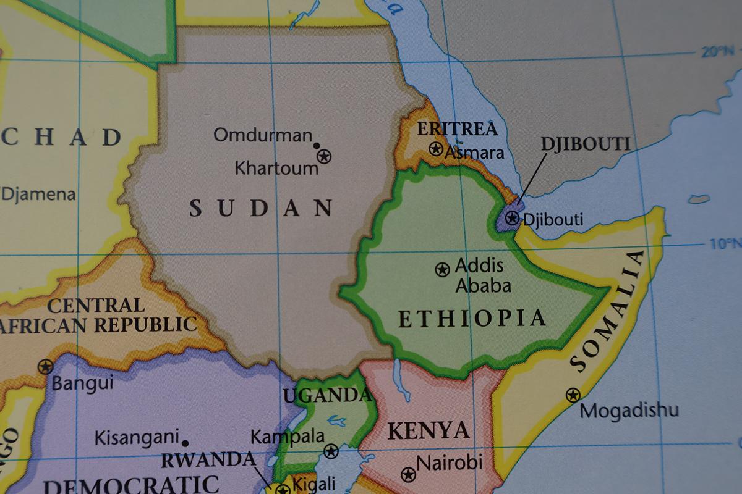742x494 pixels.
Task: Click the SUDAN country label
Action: pyautogui.click(x=261, y=208)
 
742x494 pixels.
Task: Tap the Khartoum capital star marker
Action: pyautogui.click(x=324, y=156)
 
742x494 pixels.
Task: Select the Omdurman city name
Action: pyautogui.click(x=263, y=135)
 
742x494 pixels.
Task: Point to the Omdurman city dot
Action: pyautogui.click(x=317, y=146)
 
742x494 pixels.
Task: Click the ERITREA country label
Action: pyautogui.click(x=457, y=129)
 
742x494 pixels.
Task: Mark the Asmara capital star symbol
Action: pyautogui.click(x=436, y=149)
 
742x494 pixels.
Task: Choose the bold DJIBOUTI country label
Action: pyautogui.click(x=585, y=144)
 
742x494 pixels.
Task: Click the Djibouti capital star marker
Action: pyautogui.click(x=511, y=217)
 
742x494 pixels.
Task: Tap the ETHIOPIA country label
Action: pyautogui.click(x=472, y=318)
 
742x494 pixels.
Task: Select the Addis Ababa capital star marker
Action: pyautogui.click(x=442, y=269)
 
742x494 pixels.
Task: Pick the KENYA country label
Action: pyautogui.click(x=428, y=430)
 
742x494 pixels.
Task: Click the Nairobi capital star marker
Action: pyautogui.click(x=407, y=474)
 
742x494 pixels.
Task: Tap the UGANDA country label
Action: pyautogui.click(x=326, y=395)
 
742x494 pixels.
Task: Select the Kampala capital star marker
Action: pyautogui.click(x=331, y=451)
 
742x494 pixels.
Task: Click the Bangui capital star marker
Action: pyautogui.click(x=45, y=366)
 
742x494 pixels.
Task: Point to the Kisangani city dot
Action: pyautogui.click(x=185, y=443)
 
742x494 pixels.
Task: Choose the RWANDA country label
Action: pyautogui.click(x=208, y=461)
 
